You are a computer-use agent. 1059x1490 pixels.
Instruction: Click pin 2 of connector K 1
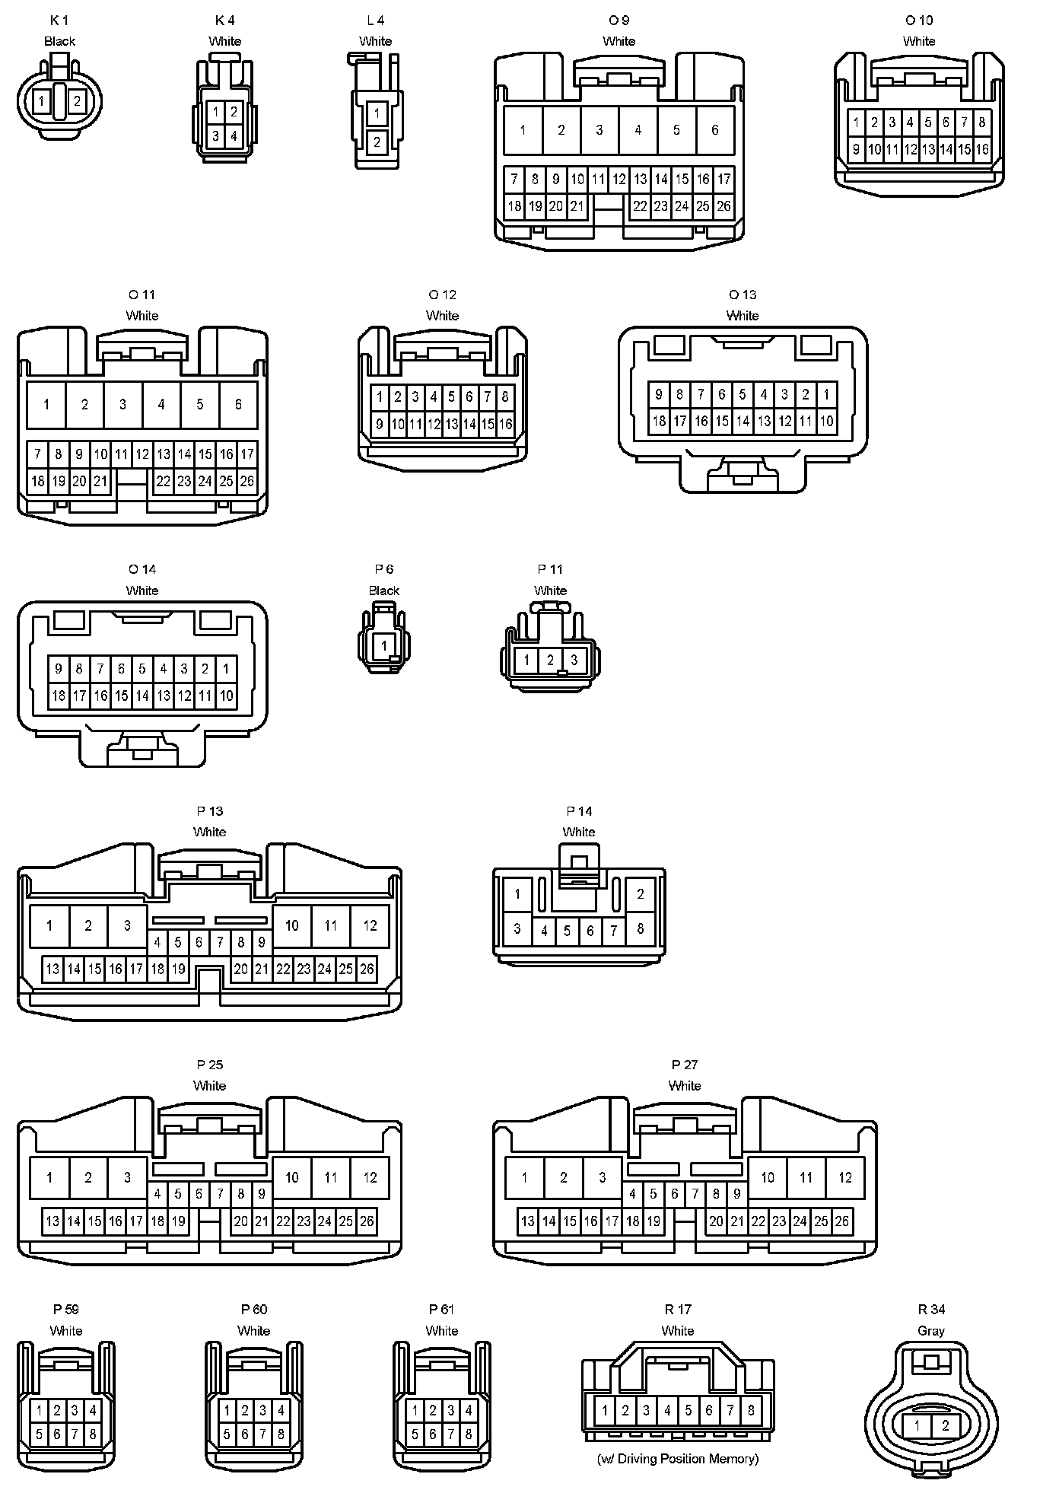click(x=77, y=100)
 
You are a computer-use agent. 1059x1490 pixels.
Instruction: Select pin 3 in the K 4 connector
click(x=216, y=136)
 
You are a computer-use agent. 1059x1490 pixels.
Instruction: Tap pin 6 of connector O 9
click(x=714, y=130)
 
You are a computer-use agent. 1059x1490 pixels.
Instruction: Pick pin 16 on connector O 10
click(x=982, y=149)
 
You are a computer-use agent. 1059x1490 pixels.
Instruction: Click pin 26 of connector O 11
click(x=247, y=481)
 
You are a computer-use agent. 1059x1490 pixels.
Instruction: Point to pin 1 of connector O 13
click(x=826, y=394)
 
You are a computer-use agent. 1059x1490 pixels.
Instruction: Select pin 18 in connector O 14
click(x=59, y=696)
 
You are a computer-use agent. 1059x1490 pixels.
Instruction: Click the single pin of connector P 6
click(x=384, y=646)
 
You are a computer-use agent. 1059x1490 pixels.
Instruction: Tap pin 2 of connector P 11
click(x=550, y=660)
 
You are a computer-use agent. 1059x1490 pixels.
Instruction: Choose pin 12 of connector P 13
click(x=370, y=925)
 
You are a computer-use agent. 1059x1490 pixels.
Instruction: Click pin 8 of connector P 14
click(x=641, y=928)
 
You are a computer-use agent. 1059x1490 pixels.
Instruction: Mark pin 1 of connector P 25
click(x=49, y=1178)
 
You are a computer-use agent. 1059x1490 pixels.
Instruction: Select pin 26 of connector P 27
click(x=841, y=1221)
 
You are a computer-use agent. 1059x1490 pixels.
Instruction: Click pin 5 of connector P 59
click(x=39, y=1434)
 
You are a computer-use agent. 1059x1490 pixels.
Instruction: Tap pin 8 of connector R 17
click(x=751, y=1410)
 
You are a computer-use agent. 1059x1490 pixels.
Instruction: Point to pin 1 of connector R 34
click(x=917, y=1425)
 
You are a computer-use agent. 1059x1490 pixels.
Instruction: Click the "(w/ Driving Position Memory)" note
click(x=678, y=1459)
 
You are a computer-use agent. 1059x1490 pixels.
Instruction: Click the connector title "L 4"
click(x=375, y=21)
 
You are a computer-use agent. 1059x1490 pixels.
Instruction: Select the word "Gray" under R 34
click(x=931, y=1331)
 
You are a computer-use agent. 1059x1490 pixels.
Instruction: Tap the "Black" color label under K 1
click(x=59, y=41)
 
